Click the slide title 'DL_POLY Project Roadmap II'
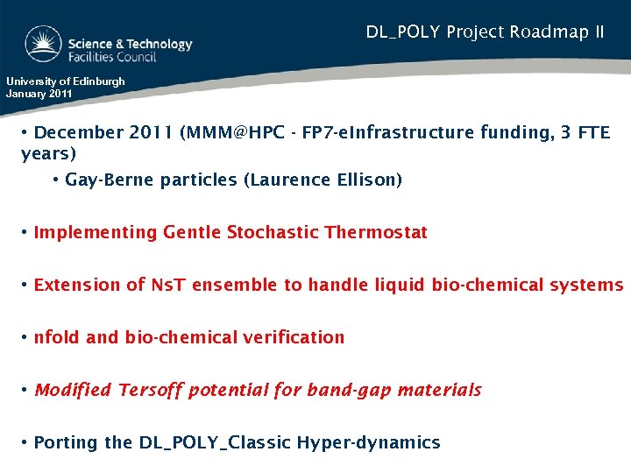point(485,32)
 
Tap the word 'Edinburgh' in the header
point(97,81)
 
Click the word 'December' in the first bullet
point(80,133)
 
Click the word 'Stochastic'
point(273,232)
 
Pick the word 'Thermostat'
point(376,232)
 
